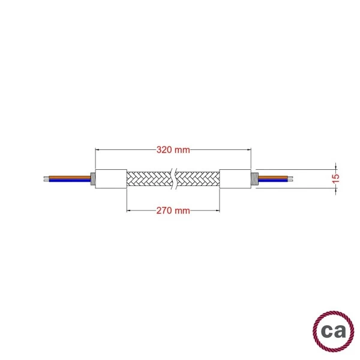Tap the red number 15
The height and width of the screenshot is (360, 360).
336,178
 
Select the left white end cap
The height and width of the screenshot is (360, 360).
110,178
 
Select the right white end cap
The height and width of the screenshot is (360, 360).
235,178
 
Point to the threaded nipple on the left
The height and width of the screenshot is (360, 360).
92,178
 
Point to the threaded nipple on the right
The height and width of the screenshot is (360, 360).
253,178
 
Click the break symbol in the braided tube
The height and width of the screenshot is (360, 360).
173,178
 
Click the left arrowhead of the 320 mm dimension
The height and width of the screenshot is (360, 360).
98,149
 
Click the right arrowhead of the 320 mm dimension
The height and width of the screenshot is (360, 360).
248,149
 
